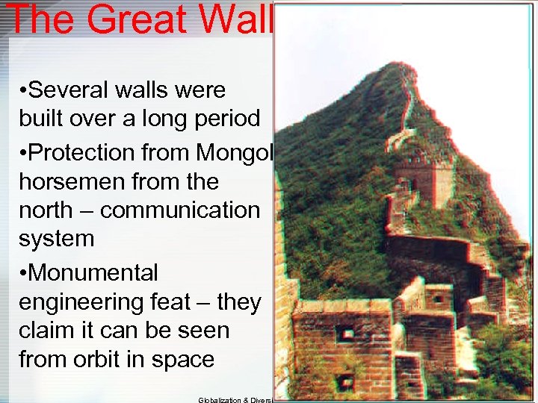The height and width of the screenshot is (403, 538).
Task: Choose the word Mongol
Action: (235, 152)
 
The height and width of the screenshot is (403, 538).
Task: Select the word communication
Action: (179, 210)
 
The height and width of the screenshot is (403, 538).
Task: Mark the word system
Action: (56, 239)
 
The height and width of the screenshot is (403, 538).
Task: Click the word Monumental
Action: (93, 272)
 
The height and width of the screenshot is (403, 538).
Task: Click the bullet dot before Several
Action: (25, 91)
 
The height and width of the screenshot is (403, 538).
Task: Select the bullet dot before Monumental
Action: (25, 273)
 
